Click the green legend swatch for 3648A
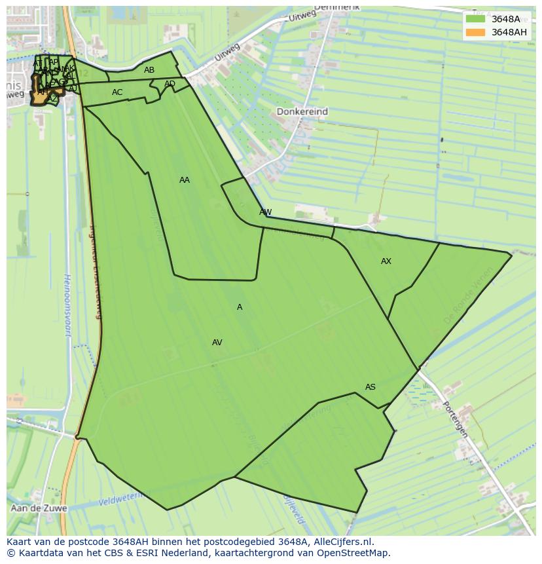coord(475,19)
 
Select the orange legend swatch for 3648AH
coord(475,32)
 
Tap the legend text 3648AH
coord(509,32)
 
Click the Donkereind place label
coord(302,112)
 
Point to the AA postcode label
coord(185,180)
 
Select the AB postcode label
coord(149,70)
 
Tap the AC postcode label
coord(117,92)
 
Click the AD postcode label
coord(170,84)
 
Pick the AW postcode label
coord(265,212)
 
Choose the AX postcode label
coord(386,261)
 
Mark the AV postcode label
coord(217,343)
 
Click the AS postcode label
coord(370,387)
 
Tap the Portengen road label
coord(455,419)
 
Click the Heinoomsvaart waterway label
coord(67,305)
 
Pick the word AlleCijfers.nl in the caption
coord(341,542)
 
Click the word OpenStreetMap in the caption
coord(355,553)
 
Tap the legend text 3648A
coord(505,19)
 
